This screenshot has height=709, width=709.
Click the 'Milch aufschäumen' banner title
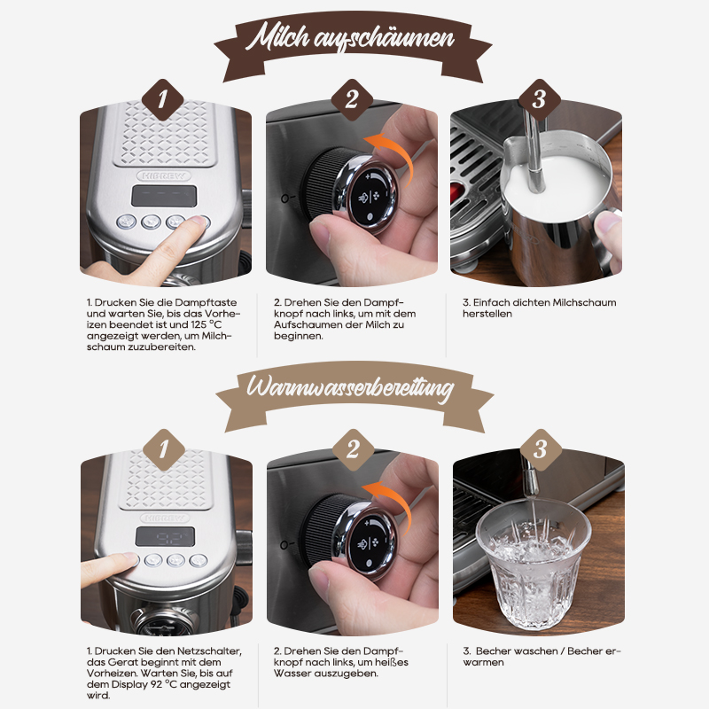tap(350, 37)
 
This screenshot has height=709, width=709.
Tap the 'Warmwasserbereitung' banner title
tap(350, 388)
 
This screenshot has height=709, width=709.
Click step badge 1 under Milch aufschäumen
tap(162, 100)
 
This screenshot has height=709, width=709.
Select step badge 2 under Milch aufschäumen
tap(351, 100)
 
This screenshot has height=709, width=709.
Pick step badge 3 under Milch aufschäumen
tap(539, 100)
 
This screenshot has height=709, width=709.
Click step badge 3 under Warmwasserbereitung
tap(541, 450)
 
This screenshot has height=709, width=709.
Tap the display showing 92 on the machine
tap(166, 536)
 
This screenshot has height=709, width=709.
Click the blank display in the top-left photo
tap(164, 196)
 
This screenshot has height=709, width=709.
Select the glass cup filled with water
tap(534, 565)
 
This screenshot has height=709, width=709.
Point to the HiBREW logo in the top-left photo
tap(164, 175)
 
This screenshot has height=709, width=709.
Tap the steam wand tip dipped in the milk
tap(536, 180)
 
